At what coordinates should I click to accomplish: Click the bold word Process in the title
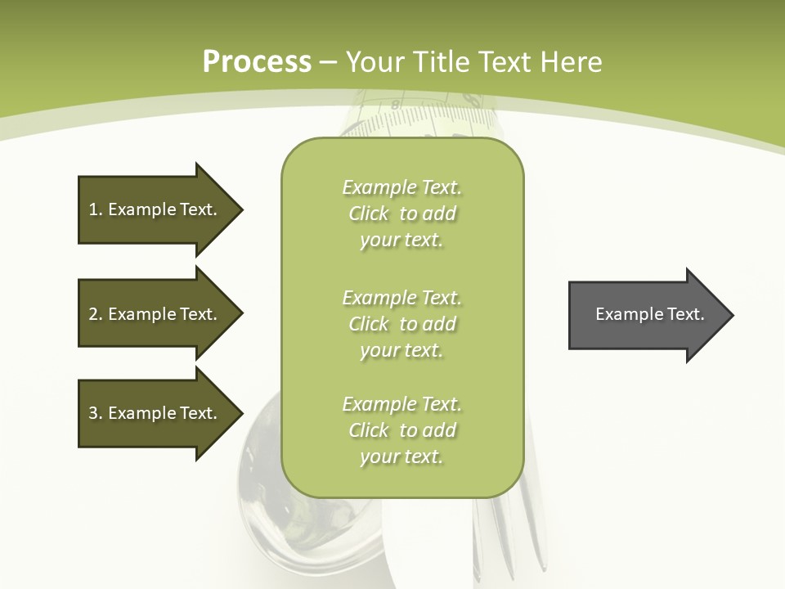(257, 62)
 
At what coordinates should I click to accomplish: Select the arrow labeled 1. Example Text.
(155, 209)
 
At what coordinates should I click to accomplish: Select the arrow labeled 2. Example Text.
(155, 314)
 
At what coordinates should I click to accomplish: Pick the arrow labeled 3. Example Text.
(155, 413)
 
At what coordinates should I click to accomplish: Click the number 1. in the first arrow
(96, 209)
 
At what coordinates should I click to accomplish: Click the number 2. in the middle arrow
(96, 314)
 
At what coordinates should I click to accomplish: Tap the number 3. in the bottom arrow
(96, 413)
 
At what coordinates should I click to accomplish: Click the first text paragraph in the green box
(401, 214)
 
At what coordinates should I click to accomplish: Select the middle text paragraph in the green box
(401, 324)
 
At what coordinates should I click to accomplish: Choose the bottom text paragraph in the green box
(401, 430)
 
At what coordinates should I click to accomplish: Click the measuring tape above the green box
(425, 119)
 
